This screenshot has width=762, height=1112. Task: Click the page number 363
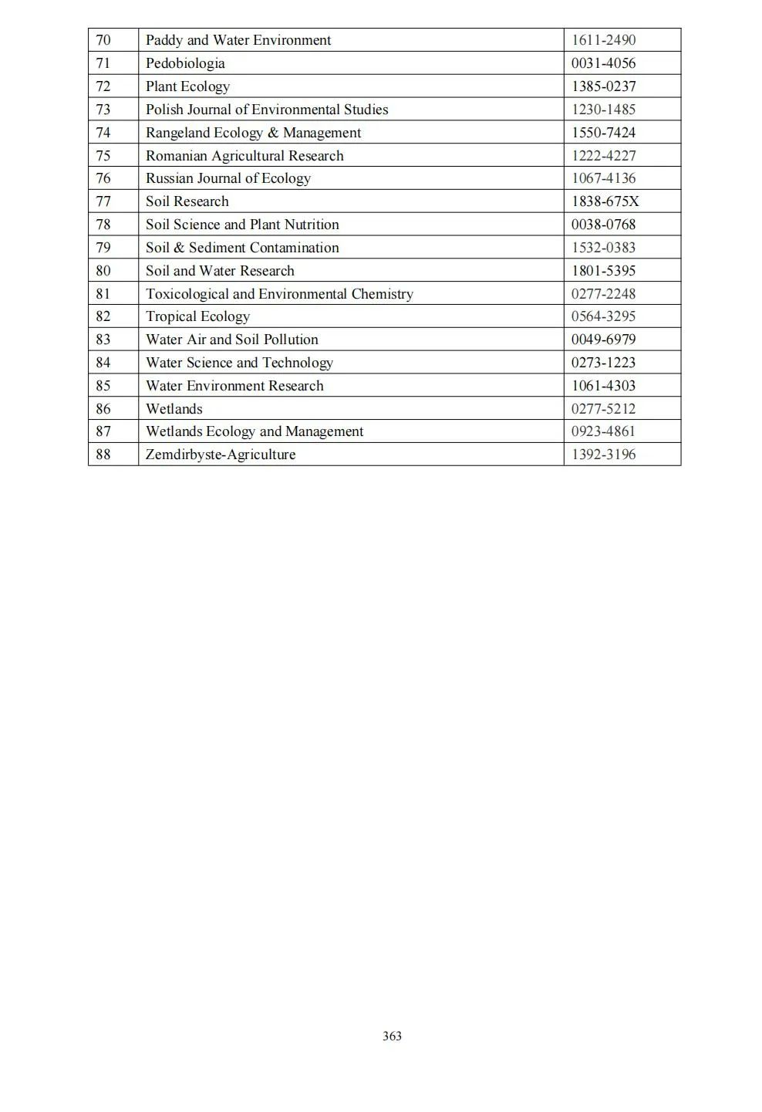coord(392,1036)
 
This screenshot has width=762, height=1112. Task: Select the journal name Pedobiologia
coord(185,63)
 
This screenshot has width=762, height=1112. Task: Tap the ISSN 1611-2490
coord(603,40)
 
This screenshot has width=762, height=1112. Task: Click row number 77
coord(103,201)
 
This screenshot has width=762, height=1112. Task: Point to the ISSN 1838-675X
coord(605,201)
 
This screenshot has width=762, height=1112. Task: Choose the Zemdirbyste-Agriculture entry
coord(221,455)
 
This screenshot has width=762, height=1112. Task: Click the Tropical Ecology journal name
coord(197,316)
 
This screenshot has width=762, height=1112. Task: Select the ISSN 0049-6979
coord(603,340)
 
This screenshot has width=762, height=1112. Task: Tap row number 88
coord(103,455)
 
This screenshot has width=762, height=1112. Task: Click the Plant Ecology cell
coord(187,86)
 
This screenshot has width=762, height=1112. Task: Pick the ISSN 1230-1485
coord(603,110)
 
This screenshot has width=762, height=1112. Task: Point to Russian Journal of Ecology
coord(228,178)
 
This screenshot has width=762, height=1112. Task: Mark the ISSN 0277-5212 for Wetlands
coord(603,409)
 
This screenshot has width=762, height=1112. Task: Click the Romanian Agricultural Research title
coord(244,156)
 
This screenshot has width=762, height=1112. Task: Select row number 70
coord(103,40)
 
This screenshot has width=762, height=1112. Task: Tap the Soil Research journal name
coord(187,201)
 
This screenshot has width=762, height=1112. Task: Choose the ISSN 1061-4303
coord(603,386)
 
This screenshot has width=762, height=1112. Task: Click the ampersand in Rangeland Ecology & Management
coord(273,133)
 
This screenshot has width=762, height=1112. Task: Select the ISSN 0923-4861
coord(603,431)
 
